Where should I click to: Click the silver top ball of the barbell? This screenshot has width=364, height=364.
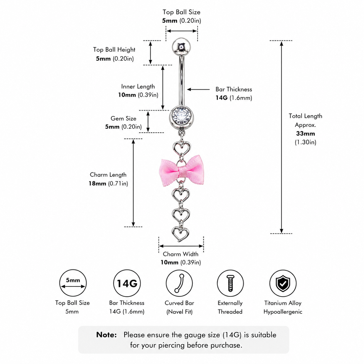point(181,47)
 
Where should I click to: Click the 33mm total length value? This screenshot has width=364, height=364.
point(305,134)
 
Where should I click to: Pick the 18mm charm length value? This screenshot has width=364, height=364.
point(97,183)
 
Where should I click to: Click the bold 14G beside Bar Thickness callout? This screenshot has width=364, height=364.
point(221,98)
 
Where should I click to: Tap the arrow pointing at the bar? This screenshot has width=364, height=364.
point(198,89)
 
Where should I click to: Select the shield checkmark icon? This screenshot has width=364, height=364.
point(283,283)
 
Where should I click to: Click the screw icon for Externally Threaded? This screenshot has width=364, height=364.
point(230,283)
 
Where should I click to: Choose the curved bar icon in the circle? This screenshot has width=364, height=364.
point(179,283)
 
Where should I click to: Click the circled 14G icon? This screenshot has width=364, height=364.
point(127,283)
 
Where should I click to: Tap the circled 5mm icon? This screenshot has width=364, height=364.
point(73,283)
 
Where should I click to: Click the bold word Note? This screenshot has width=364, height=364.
point(106,335)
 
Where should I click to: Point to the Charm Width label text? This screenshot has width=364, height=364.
point(181,254)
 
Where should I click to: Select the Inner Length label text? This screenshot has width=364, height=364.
point(138,87)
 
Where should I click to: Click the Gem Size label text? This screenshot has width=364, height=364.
point(123,118)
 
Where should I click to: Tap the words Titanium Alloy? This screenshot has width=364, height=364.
point(283,303)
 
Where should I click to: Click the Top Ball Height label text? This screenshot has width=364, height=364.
point(114,50)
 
